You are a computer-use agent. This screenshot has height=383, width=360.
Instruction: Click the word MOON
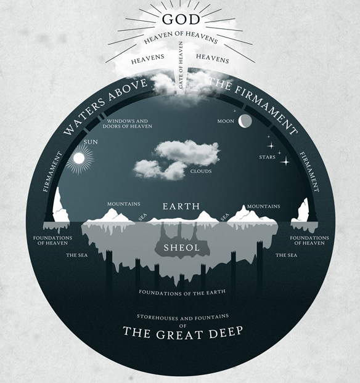226,121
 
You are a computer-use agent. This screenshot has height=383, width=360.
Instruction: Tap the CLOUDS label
202,171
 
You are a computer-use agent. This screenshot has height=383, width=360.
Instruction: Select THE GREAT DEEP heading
183,333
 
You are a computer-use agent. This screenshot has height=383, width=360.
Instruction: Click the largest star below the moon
285,161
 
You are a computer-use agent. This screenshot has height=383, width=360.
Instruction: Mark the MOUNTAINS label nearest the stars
263,206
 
